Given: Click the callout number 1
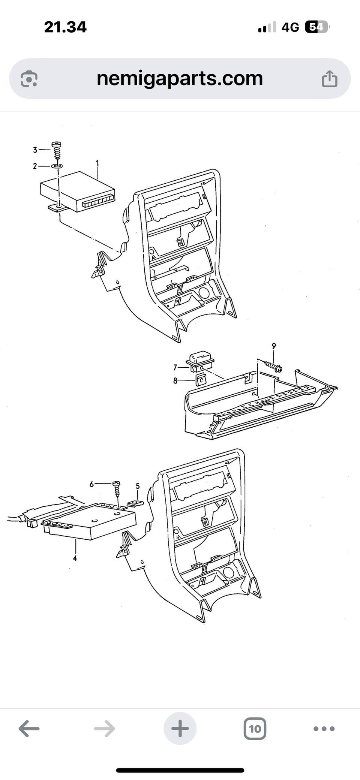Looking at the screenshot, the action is click(97, 163).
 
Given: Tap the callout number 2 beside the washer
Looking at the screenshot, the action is click(35, 166).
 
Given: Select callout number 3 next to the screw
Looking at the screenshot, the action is click(35, 150).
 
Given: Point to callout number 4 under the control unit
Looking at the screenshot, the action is click(75, 558).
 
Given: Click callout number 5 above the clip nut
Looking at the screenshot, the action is click(138, 486).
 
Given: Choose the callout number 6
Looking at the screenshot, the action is click(91, 484).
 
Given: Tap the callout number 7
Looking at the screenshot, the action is click(175, 368).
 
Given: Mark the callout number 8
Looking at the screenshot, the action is click(175, 381).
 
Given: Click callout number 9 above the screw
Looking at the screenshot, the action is click(274, 346).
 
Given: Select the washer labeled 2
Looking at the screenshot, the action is click(57, 166).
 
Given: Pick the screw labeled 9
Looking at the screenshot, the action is click(273, 366).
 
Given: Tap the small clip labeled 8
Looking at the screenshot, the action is click(201, 380).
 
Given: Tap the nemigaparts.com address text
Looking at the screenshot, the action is click(180, 79).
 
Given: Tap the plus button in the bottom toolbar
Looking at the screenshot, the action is click(180, 729).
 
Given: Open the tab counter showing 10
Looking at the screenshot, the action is click(255, 729).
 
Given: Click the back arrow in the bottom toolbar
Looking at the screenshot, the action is click(29, 729).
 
